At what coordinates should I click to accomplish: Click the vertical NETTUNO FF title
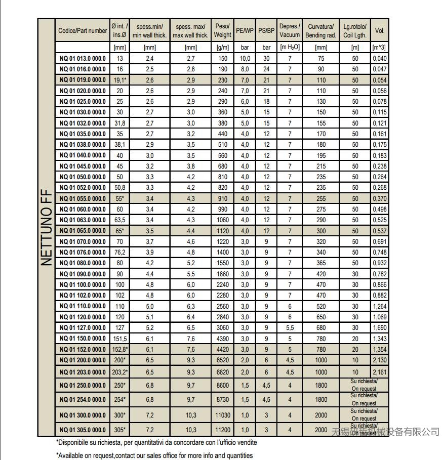click(46, 227)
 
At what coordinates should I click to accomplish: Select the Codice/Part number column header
click(83, 30)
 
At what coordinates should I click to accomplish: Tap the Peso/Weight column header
click(222, 30)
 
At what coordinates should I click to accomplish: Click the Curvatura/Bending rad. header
click(320, 30)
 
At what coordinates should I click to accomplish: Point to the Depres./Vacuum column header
click(290, 30)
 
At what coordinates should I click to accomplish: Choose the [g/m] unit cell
click(222, 48)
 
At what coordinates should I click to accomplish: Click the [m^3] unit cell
click(379, 48)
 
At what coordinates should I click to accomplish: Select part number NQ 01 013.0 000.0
click(83, 59)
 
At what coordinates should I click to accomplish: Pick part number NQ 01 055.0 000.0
click(83, 199)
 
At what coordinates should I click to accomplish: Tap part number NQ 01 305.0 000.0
click(83, 430)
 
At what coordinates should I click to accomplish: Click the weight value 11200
click(222, 430)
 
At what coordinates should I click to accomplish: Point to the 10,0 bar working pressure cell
click(245, 59)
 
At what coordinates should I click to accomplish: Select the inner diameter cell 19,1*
click(120, 80)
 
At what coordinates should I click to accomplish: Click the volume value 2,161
click(379, 372)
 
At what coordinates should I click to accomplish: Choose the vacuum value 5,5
click(290, 328)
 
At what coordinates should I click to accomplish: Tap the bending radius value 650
click(320, 317)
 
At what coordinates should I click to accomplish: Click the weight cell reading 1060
click(222, 220)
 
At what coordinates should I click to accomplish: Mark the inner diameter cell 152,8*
click(120, 350)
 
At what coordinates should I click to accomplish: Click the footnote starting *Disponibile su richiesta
click(156, 442)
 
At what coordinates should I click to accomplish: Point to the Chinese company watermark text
click(385, 432)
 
